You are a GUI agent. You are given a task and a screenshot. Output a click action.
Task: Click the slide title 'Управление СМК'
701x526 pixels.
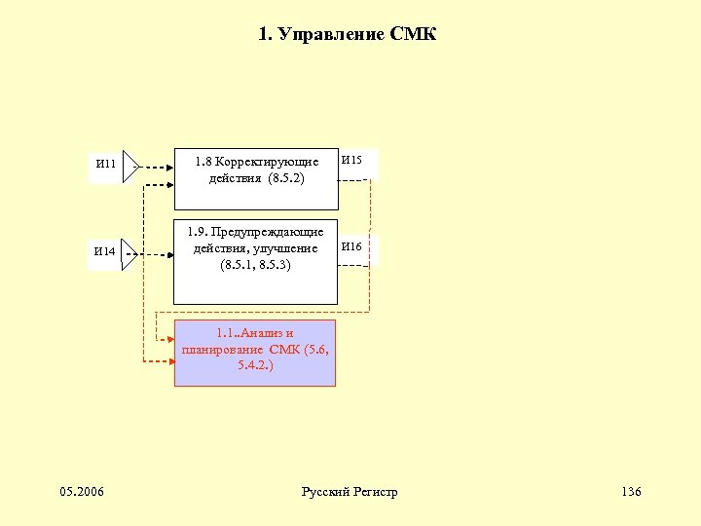pyautogui.click(x=349, y=36)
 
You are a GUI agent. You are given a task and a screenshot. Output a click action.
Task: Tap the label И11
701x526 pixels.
pyautogui.click(x=105, y=164)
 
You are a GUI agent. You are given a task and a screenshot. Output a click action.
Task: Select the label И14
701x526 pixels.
pyautogui.click(x=104, y=251)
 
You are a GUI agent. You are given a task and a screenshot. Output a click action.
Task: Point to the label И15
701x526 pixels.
pyautogui.click(x=351, y=159)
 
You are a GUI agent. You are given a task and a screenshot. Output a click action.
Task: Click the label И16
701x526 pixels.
pyautogui.click(x=351, y=247)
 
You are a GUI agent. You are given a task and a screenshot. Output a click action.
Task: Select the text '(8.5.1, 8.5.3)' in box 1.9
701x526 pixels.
pyautogui.click(x=255, y=265)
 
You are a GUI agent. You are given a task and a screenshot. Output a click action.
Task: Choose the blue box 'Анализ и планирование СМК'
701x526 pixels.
pyautogui.click(x=254, y=353)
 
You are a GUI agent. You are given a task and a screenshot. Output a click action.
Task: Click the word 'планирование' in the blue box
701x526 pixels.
pyautogui.click(x=216, y=350)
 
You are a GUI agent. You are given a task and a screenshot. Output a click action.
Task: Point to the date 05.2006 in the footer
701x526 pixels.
pyautogui.click(x=83, y=491)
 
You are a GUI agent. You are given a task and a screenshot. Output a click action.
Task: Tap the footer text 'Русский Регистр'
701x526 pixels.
pyautogui.click(x=350, y=491)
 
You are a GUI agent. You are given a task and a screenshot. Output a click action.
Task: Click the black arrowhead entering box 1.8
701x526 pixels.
pyautogui.click(x=168, y=166)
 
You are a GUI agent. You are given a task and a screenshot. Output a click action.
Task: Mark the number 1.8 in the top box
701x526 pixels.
pyautogui.click(x=203, y=161)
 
